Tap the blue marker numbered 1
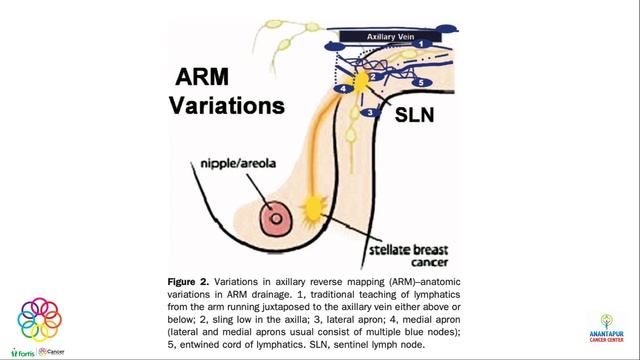[x=422, y=44]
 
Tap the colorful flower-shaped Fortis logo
[x=39, y=319]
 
